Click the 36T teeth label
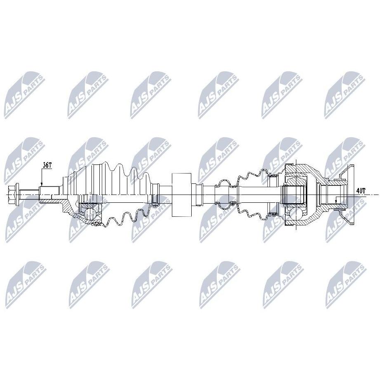[x=47, y=165]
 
